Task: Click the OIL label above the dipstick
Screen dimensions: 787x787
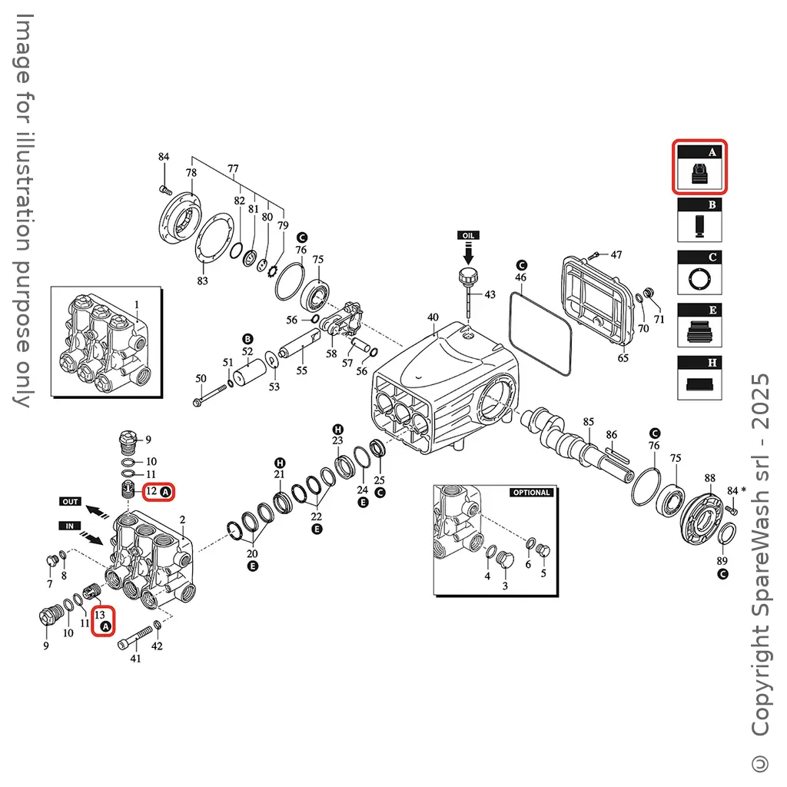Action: point(468,234)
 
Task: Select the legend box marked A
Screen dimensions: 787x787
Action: point(699,167)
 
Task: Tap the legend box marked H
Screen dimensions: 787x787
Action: point(699,377)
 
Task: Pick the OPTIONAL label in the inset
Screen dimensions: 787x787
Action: point(531,493)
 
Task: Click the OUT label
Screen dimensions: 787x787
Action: point(70,501)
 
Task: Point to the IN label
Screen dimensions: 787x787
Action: point(70,525)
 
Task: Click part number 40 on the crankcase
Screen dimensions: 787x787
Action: point(433,317)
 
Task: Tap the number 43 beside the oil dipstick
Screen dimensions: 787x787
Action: point(490,294)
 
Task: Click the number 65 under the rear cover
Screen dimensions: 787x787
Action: point(623,358)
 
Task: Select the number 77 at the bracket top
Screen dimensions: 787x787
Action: point(233,168)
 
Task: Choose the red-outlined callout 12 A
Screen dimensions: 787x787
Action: point(159,490)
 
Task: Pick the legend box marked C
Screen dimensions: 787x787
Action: point(699,272)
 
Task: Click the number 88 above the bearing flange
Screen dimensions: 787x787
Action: point(709,478)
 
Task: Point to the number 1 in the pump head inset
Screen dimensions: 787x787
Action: point(137,305)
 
